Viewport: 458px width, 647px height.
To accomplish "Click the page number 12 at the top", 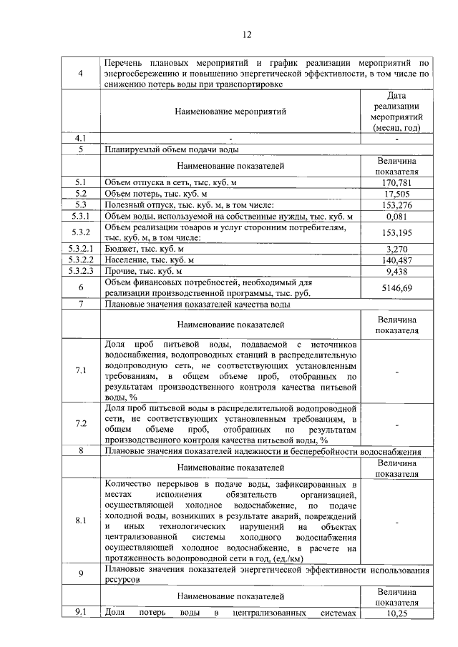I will pos(247,34).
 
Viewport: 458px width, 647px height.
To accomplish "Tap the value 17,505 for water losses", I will pos(400,194).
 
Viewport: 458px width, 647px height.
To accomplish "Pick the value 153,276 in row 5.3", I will pos(400,205).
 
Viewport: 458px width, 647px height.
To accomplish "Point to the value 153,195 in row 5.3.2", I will pos(400,232).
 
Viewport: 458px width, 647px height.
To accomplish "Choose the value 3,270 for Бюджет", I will pos(400,249).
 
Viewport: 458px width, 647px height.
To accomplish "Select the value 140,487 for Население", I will pos(400,260).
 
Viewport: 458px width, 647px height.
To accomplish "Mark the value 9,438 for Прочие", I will pos(400,271).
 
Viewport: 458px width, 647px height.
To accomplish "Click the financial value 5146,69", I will pos(400,287).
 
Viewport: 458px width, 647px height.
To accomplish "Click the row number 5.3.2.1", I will pos(81,249).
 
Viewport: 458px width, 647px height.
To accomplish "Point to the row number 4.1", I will pos(81,138).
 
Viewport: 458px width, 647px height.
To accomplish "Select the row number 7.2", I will pos(81,423).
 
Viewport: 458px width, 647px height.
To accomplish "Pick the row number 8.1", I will pos(81,520).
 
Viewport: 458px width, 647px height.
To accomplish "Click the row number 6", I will pos(81,287).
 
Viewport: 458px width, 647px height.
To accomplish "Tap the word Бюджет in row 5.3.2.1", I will pos(120,249).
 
